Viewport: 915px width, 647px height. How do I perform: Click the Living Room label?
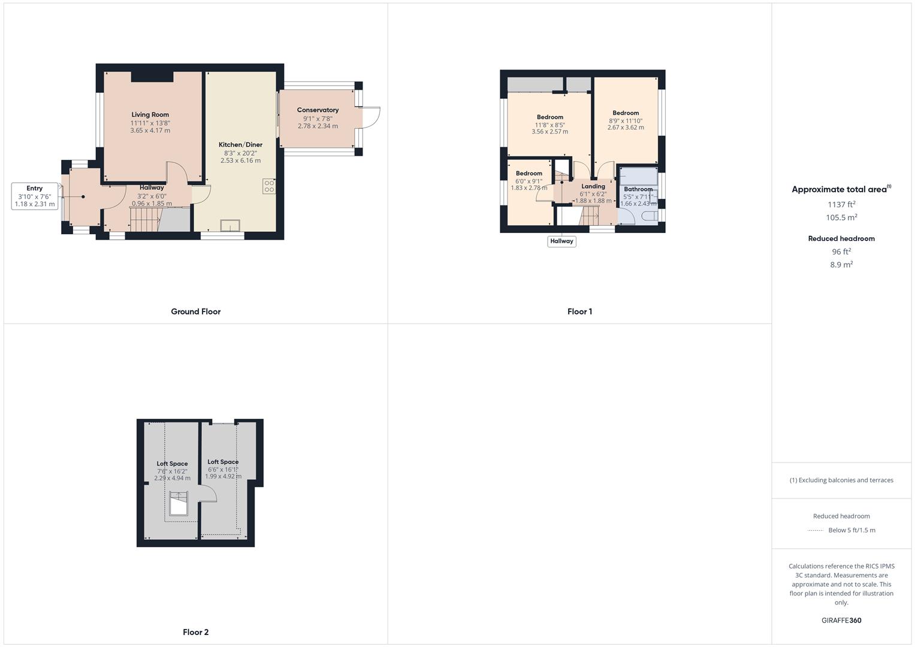coord(150,115)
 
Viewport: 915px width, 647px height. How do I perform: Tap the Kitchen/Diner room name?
coord(240,144)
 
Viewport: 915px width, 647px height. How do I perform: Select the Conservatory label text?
coord(318,110)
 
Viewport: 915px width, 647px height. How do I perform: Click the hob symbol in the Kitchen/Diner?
coord(269,186)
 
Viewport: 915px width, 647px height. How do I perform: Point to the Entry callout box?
coord(35,196)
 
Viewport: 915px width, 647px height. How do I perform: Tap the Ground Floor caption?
coord(196,312)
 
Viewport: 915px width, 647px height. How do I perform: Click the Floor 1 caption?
coord(579,312)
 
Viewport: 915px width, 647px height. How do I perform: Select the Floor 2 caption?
coord(196,632)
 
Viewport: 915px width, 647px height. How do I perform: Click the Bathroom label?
coord(638,189)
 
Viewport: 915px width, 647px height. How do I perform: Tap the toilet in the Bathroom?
coord(650,216)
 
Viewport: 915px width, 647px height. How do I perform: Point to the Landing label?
coord(593,186)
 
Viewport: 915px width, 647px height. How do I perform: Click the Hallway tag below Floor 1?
coord(561,241)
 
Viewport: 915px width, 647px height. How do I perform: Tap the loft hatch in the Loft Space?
coord(179,504)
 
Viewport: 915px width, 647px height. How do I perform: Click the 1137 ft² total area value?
coord(841,204)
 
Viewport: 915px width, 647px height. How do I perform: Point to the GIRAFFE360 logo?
coord(841,621)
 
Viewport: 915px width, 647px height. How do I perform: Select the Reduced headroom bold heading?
coord(841,238)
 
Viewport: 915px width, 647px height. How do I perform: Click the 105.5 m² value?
coord(841,217)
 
